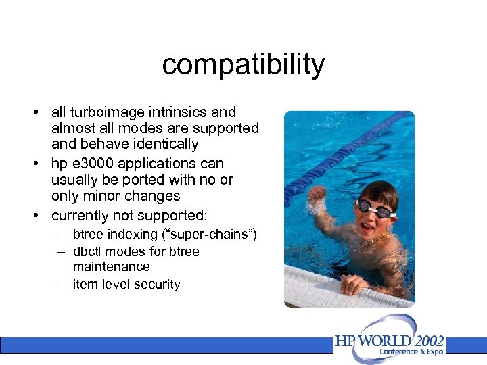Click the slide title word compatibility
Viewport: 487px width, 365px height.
tap(243, 65)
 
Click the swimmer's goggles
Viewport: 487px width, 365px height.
tap(375, 208)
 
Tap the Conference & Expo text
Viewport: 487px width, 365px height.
tap(411, 352)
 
